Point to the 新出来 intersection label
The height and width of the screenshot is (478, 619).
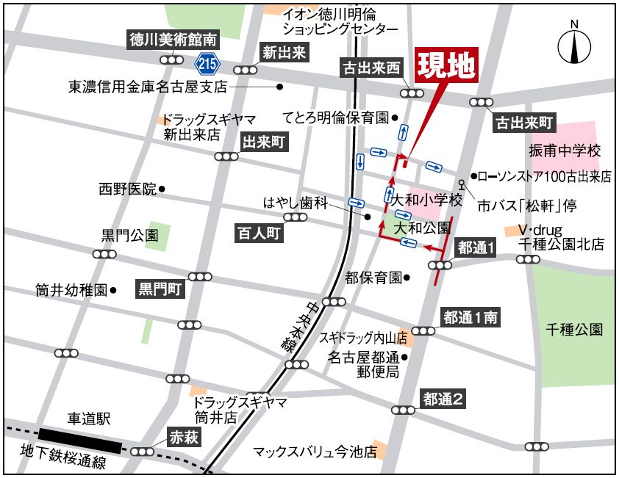[x=284, y=52]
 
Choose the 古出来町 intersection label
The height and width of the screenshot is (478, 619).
[x=524, y=121]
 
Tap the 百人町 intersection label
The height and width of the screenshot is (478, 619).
[x=259, y=233]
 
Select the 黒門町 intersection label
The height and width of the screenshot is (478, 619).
[x=160, y=289]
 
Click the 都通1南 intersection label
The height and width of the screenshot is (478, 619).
[x=470, y=317]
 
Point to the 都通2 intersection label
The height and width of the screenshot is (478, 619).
[x=443, y=399]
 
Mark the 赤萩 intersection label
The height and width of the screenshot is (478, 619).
[x=184, y=437]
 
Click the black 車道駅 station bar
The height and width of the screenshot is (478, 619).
[x=81, y=441]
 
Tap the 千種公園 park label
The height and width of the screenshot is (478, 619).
[x=574, y=330]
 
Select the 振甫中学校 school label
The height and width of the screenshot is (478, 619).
[x=565, y=151]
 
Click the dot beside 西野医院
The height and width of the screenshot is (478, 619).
[x=162, y=189]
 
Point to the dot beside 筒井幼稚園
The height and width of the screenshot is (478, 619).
[x=113, y=290]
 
